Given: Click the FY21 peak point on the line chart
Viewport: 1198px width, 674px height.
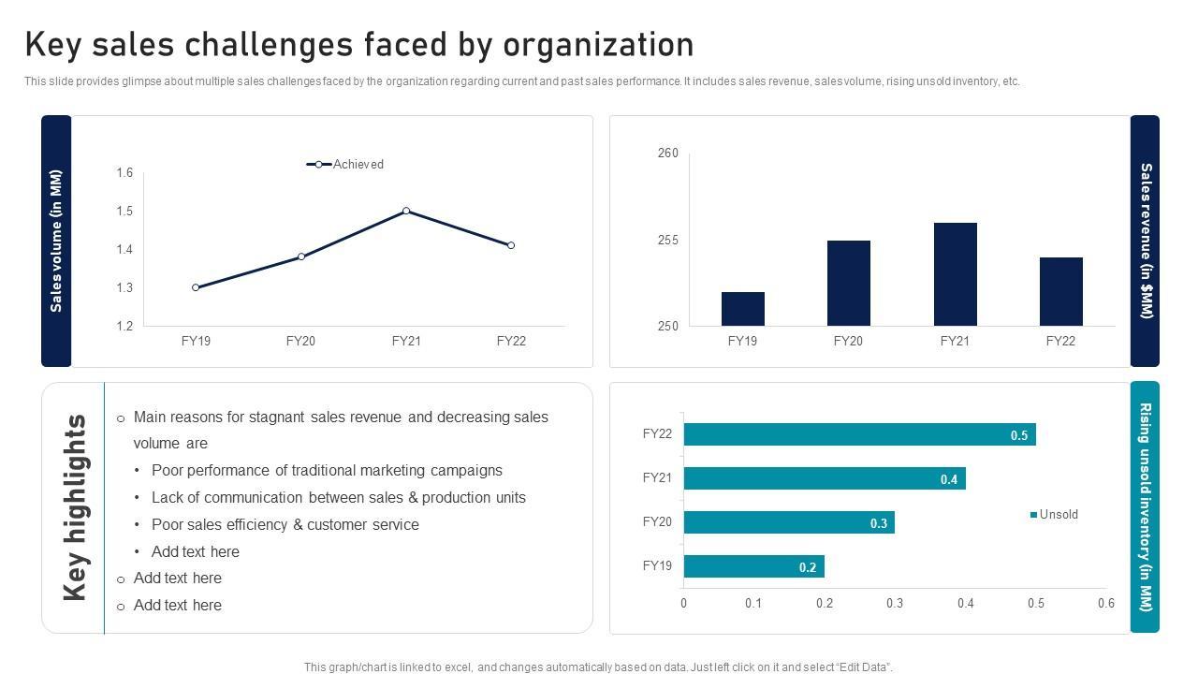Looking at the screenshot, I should point(406,211).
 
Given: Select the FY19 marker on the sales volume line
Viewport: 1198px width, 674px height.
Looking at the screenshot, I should point(196,287).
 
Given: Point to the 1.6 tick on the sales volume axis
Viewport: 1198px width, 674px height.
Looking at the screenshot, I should point(124,172).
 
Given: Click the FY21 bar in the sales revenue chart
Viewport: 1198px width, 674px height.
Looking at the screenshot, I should point(955,274).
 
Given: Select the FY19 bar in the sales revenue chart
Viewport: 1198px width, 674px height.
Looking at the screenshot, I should point(742,309).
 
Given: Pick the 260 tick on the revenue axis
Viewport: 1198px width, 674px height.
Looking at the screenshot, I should point(668,153).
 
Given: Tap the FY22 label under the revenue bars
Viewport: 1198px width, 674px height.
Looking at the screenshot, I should point(1060,342).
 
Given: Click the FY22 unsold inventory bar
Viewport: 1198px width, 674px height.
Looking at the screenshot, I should point(859,434).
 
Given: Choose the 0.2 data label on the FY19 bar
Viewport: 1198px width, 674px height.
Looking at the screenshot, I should point(808,567).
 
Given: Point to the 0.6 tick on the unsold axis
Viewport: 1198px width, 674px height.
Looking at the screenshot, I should point(1105,604).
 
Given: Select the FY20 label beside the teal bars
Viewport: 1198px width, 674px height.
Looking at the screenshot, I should point(657,522).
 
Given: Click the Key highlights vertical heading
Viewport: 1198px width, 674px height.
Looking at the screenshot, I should point(75,507).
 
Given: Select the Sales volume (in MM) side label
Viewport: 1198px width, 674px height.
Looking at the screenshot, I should point(56,241).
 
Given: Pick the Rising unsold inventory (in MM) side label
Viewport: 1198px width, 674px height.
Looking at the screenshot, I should point(1145,507).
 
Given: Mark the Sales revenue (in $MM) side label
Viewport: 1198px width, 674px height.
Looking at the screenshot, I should point(1145,241).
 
